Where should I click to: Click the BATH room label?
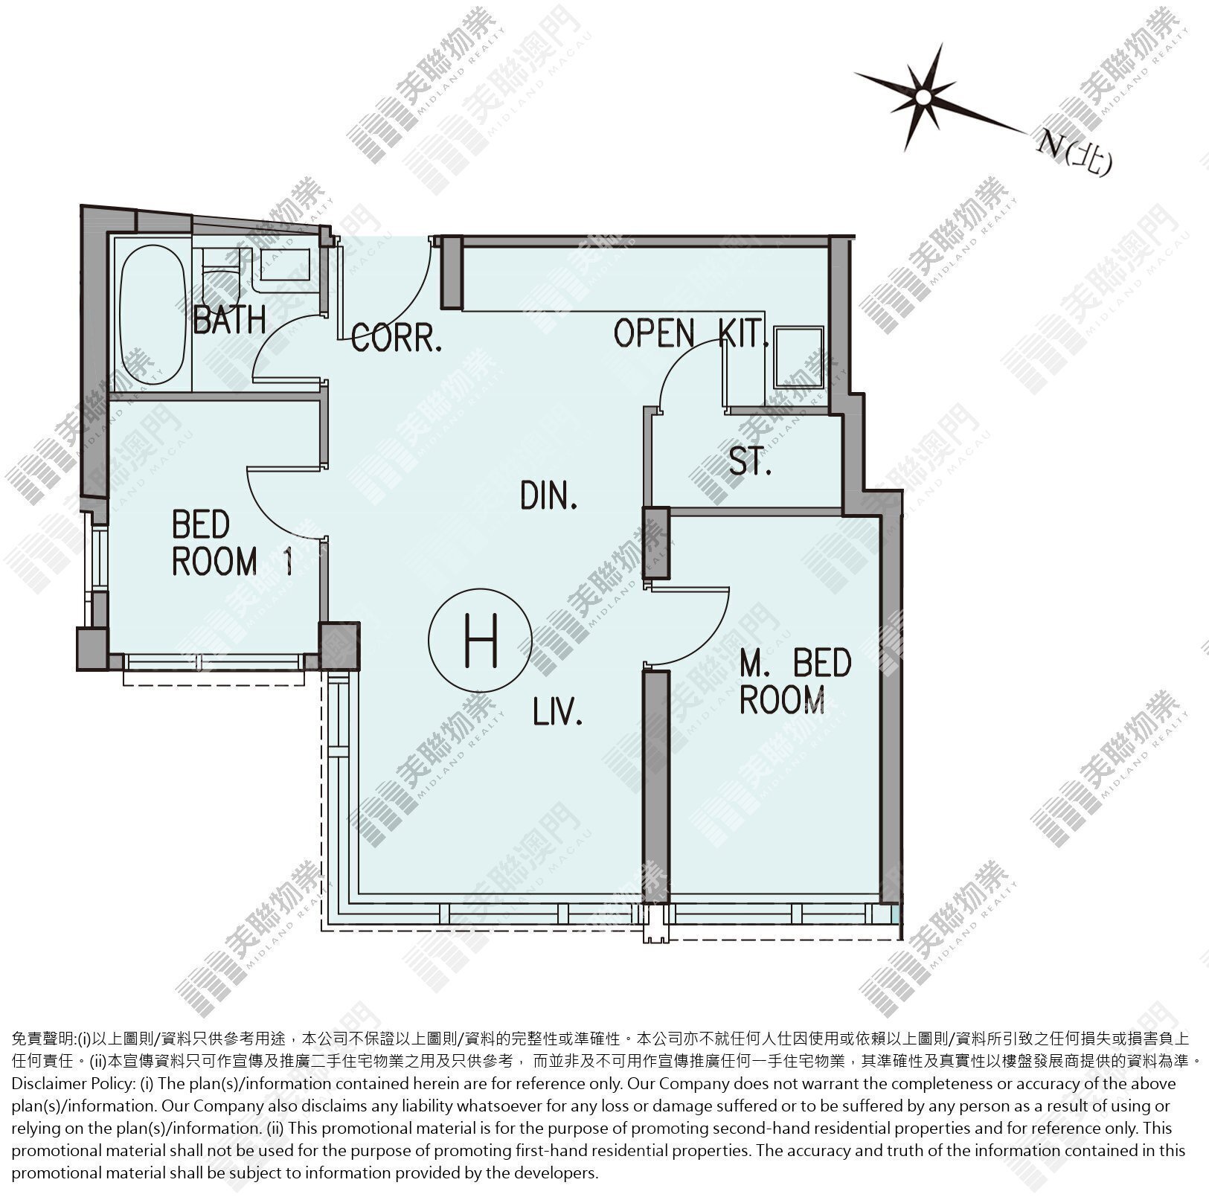coord(229,320)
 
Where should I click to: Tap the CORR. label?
coord(397,338)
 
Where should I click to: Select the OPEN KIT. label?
coord(691,333)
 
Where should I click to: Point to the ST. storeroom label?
coord(749,463)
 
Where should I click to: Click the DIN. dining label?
coord(549,495)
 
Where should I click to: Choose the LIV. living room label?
coord(557,713)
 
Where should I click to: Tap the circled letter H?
coord(481,641)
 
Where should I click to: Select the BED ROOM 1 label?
coord(231,544)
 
